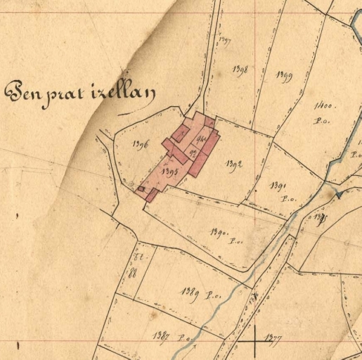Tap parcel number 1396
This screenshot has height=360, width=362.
pos(139,146)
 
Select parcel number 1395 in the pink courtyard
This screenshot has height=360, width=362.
pos(168,171)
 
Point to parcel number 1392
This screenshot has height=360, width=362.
pos(234,165)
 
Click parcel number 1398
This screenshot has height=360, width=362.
pos(240,70)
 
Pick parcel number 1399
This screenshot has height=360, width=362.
pos(284,75)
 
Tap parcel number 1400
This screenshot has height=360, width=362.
pos(325,106)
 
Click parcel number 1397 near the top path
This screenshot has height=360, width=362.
pos(225,40)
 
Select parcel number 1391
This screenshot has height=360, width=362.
pos(276,186)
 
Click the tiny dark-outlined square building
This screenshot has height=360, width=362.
pos(141,188)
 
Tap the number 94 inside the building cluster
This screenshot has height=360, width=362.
pos(201,139)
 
